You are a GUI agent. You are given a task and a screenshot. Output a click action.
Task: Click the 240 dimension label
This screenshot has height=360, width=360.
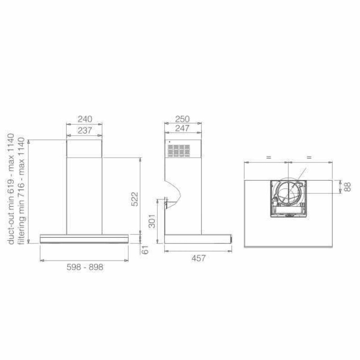tap(85, 119)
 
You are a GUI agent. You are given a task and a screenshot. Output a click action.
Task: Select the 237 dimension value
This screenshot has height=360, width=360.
tap(85, 130)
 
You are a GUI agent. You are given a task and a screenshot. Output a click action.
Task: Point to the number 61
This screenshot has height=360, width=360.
tap(145, 250)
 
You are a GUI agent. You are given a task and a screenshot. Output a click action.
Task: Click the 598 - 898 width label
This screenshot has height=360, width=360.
tap(85, 267)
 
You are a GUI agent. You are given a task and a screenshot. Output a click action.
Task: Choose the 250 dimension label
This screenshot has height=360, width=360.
tap(182, 119)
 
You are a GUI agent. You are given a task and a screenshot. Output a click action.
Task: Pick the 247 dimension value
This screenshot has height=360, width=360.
tap(182, 128)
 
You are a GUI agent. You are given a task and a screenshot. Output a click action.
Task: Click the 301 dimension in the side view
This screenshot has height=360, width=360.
tap(152, 221)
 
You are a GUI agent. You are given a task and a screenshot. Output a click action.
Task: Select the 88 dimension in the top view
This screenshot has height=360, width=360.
tap(348, 187)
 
